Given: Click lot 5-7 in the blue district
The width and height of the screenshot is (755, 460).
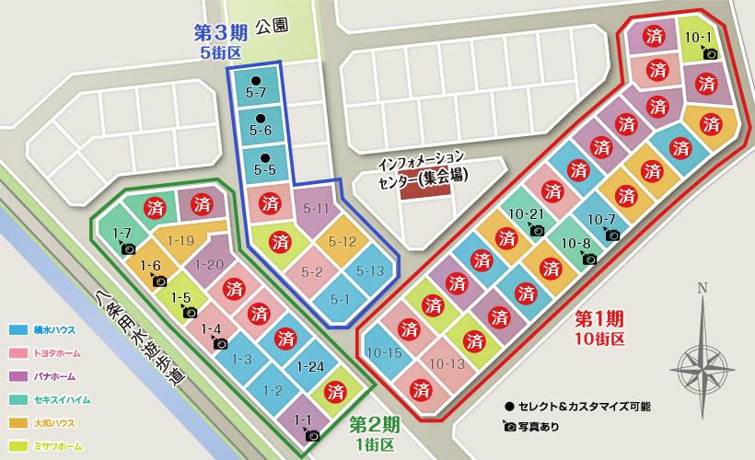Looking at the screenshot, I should pos(256,93).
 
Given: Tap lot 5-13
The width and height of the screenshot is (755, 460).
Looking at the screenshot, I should pos(369,270).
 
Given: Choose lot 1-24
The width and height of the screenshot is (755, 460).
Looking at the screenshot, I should pos(310,367).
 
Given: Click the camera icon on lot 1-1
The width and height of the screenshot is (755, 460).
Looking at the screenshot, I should pos(312,434).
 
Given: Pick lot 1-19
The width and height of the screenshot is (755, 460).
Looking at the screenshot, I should pos(181,241).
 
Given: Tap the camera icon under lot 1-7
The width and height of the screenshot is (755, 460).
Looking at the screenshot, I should pos(129,248).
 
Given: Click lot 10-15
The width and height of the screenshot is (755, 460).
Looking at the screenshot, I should pos(383,352).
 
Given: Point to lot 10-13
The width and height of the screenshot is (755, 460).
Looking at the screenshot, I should pos(447,362).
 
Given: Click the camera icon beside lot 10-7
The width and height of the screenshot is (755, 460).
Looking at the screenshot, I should pos(612,235).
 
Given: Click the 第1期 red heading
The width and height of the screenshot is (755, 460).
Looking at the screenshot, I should pos(599,319).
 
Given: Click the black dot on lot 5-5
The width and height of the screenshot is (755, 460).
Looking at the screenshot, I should pos(264,155).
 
